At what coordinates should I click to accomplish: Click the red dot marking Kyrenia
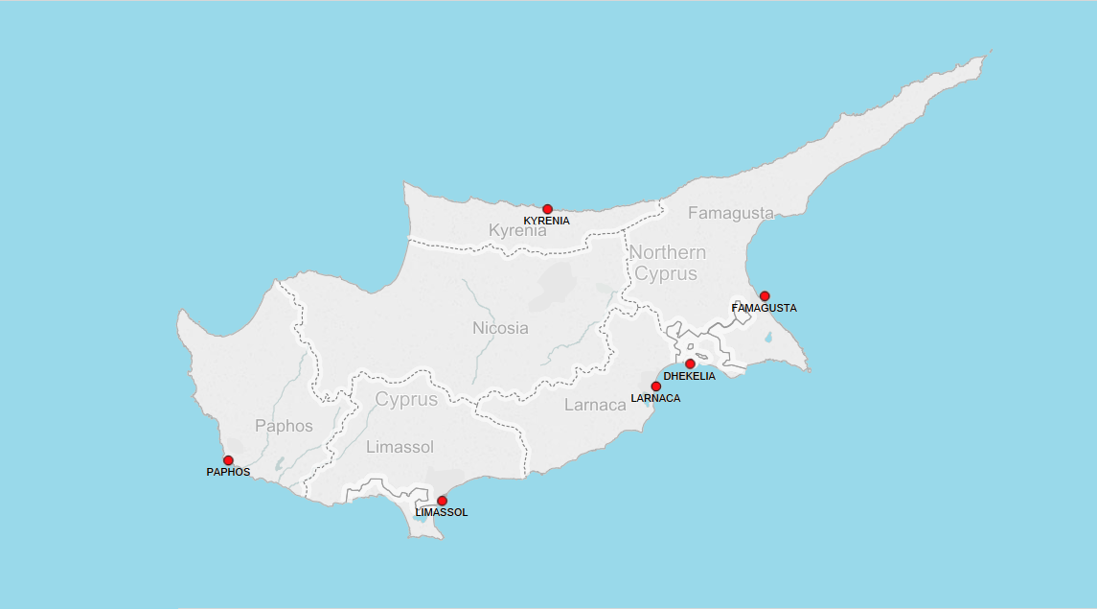tap(547, 209)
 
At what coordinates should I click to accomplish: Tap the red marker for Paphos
tap(228, 460)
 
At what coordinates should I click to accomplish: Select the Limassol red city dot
tap(442, 501)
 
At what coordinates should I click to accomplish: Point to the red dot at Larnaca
tap(655, 386)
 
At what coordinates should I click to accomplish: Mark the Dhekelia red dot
tap(690, 364)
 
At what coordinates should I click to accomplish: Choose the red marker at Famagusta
tap(765, 296)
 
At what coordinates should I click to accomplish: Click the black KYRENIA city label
tap(546, 222)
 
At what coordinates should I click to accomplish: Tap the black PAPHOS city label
tap(228, 473)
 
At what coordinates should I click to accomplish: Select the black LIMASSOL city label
tap(442, 513)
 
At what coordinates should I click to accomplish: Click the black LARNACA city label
tap(655, 398)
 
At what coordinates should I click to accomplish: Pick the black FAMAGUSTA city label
tap(765, 309)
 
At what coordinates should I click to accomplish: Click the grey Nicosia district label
tap(500, 328)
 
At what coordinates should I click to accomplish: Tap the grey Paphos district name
tap(284, 426)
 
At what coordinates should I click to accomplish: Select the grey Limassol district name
tap(400, 447)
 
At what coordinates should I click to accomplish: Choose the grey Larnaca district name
tap(595, 406)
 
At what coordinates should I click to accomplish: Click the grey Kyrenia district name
tap(517, 231)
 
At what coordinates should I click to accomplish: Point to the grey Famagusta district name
tap(730, 213)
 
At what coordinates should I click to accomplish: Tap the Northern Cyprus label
tap(667, 263)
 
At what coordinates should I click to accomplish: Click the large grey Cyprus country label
tap(406, 400)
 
